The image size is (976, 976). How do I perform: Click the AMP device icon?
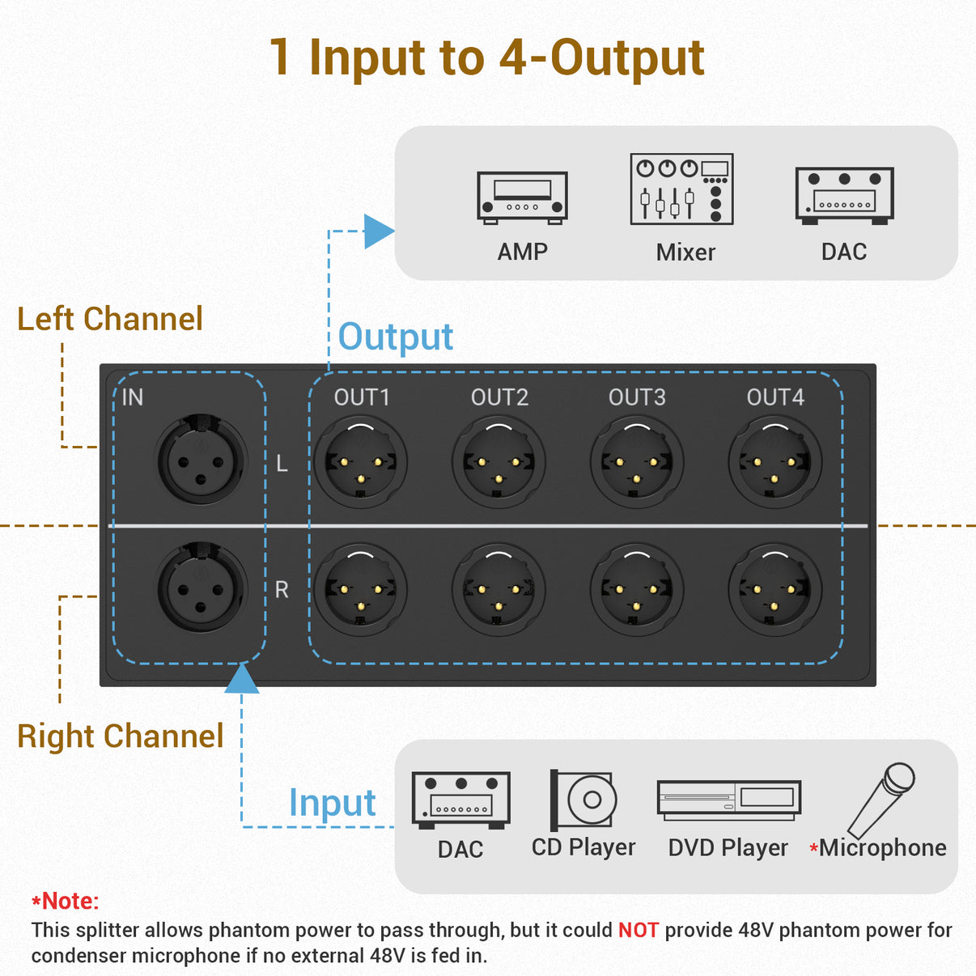(x=522, y=197)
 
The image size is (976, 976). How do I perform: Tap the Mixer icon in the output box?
(x=681, y=189)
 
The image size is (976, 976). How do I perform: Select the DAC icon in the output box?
(x=844, y=195)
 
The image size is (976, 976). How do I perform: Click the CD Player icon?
(x=583, y=800)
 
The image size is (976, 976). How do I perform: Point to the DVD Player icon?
(x=728, y=800)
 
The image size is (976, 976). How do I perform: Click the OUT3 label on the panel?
(x=637, y=397)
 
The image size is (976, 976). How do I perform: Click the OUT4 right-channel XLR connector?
(x=774, y=589)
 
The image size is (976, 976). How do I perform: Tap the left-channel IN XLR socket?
(x=202, y=460)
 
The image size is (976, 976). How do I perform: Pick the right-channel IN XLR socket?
(x=202, y=588)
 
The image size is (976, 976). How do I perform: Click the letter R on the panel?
(x=282, y=590)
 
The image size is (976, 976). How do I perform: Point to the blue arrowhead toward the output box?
(x=377, y=231)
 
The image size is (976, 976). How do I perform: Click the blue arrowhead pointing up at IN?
(x=241, y=679)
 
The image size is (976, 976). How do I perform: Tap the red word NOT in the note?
(x=638, y=931)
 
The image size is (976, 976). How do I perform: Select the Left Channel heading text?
(x=110, y=319)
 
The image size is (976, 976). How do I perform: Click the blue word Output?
(x=395, y=337)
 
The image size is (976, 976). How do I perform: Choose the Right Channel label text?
(x=120, y=736)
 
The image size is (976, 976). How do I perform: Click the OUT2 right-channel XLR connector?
(x=499, y=589)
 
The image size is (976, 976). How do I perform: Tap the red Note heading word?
(x=69, y=901)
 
